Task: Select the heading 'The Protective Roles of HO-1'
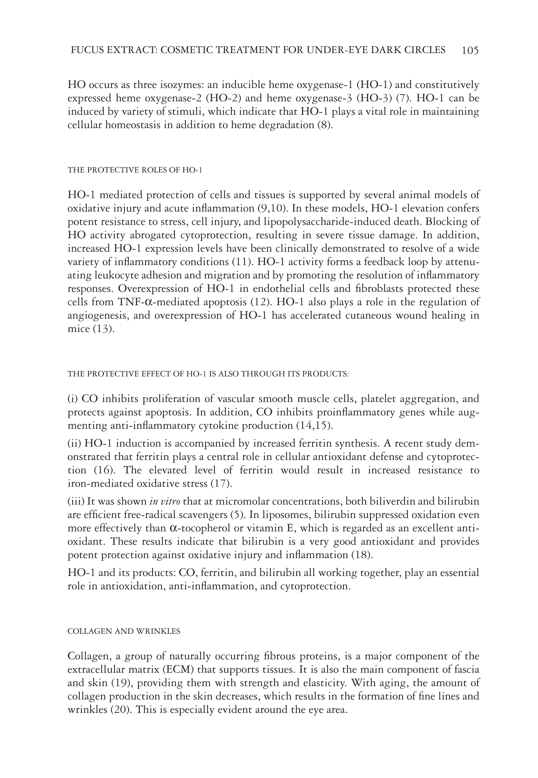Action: tap(135, 170)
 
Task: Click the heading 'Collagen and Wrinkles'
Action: tap(124, 631)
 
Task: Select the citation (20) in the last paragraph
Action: tap(122, 710)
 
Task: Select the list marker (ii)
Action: tap(74, 443)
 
